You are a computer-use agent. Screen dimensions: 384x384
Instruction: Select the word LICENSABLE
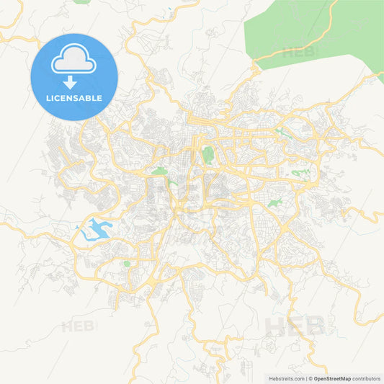74,98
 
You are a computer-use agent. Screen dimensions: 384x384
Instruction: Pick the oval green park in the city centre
208,154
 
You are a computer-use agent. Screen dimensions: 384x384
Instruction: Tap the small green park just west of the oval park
159,171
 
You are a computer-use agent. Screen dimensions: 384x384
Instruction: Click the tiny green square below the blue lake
127,264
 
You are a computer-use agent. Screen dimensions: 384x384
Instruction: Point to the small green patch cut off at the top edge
83,2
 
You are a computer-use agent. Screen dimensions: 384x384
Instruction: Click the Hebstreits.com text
285,378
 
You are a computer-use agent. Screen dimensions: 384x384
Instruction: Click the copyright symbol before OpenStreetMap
311,378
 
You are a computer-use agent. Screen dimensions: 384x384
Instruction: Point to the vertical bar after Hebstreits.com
306,378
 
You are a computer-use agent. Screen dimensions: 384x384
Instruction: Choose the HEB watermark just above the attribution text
295,326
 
